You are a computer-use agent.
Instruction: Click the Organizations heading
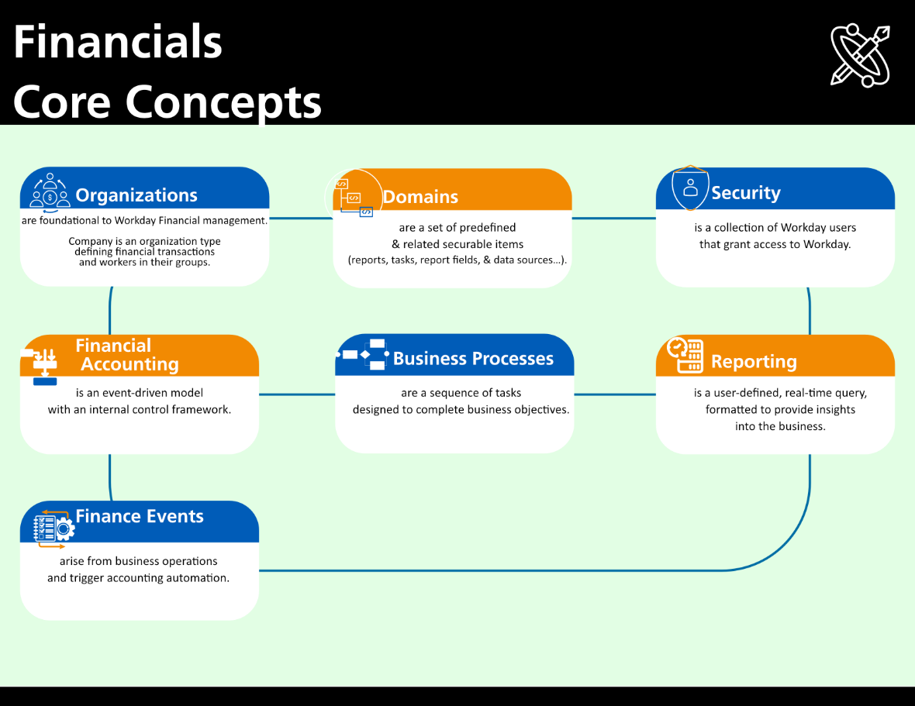click(136, 195)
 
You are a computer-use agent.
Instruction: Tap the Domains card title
click(420, 197)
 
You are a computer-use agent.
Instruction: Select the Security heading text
click(746, 193)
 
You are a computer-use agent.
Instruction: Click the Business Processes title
click(473, 359)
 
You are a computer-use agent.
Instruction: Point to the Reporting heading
click(754, 362)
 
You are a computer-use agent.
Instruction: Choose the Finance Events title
click(140, 517)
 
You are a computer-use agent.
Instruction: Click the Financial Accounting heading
click(127, 354)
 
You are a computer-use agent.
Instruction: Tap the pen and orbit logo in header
click(860, 55)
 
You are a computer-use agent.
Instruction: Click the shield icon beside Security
click(690, 188)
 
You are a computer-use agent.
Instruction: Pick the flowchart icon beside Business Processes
click(362, 354)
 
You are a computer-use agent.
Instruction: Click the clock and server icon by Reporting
click(685, 354)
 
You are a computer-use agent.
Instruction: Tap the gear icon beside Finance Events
click(64, 529)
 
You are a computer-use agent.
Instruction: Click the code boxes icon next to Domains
click(354, 198)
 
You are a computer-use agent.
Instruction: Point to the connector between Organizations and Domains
click(301, 219)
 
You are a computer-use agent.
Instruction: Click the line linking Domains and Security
click(614, 219)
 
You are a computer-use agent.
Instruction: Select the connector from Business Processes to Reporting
click(615, 394)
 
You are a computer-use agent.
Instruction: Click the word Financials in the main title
click(118, 42)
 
